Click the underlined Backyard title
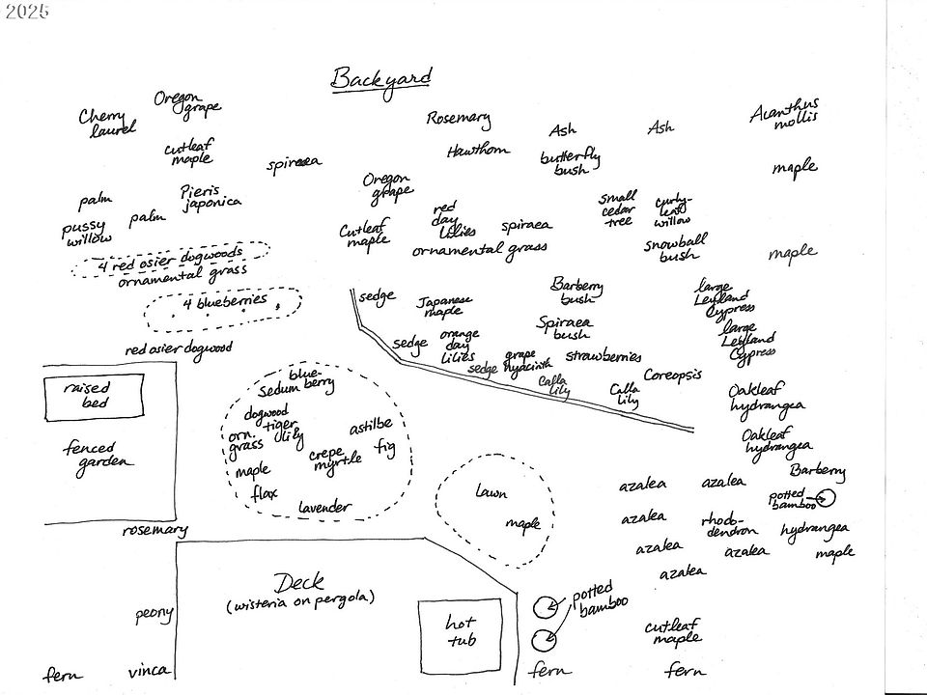(x=380, y=79)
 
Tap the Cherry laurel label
(x=107, y=122)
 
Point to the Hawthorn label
(x=477, y=152)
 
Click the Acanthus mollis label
(x=784, y=113)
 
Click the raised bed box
(x=87, y=396)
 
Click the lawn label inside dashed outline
(x=491, y=493)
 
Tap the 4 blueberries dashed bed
(x=222, y=306)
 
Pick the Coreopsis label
(x=672, y=375)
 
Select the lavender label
(x=325, y=507)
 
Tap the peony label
(x=154, y=613)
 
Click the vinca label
(x=150, y=671)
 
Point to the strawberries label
(x=604, y=356)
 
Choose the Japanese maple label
(x=445, y=305)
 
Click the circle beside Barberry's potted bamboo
(x=828, y=499)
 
